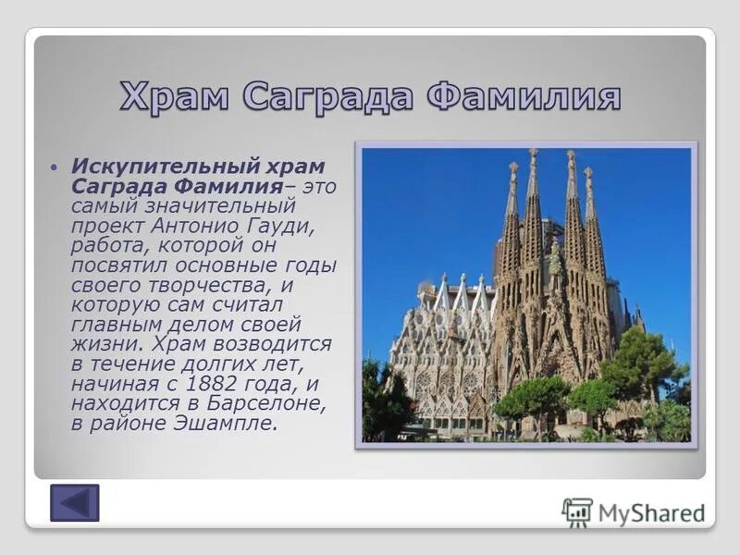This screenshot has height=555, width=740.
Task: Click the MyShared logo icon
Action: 577,512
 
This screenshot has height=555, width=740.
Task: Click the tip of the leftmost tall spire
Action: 513,166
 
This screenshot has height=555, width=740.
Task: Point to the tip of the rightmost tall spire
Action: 587,172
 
